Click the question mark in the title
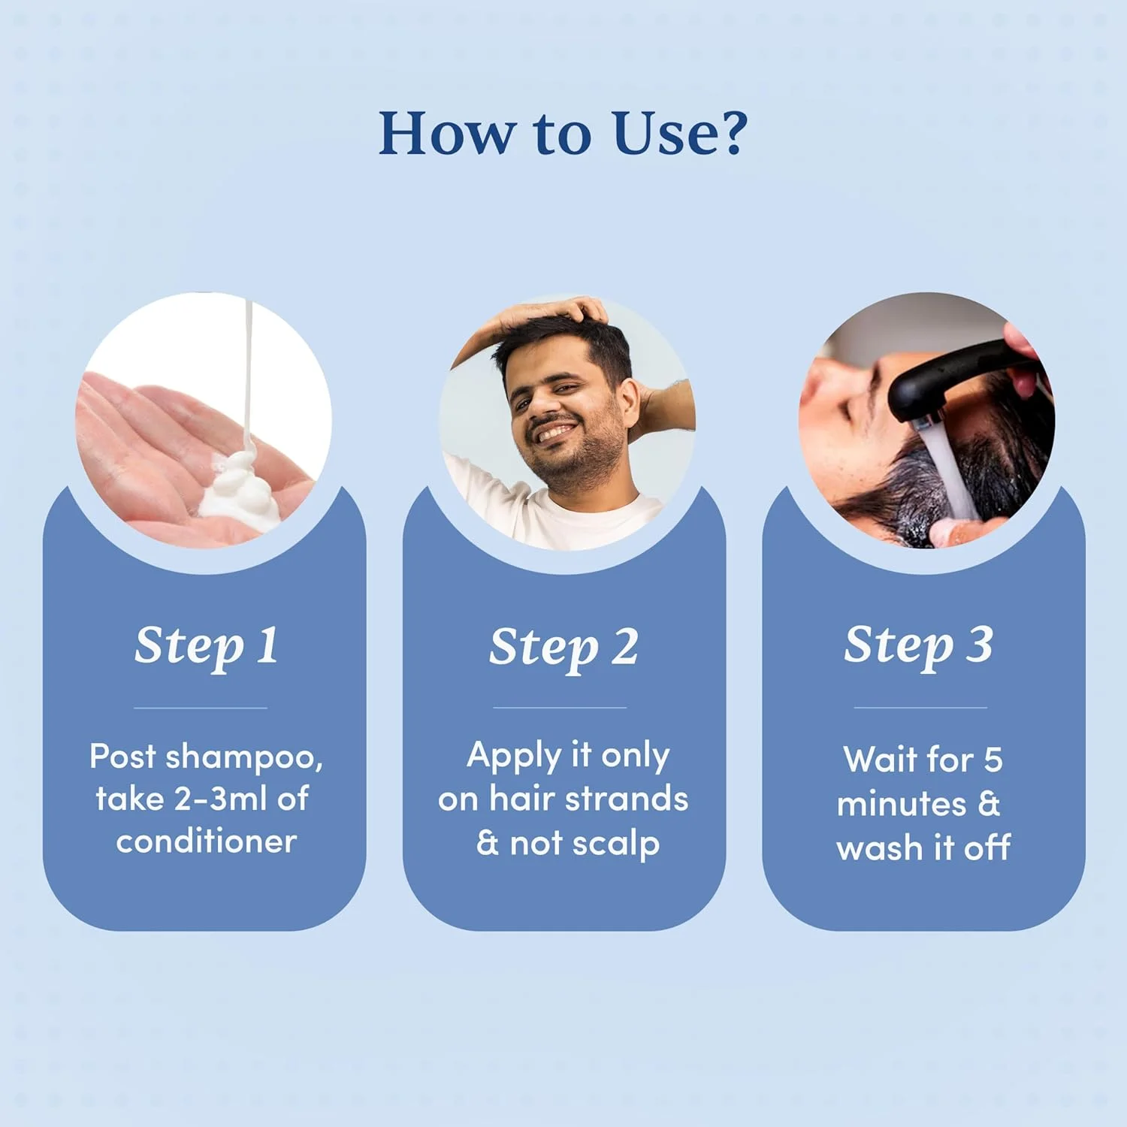(x=728, y=133)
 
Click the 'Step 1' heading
(x=207, y=646)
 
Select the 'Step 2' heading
(x=563, y=648)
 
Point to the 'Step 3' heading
(x=918, y=646)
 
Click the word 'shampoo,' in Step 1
(x=244, y=757)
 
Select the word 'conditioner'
(x=207, y=841)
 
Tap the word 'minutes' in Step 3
(x=902, y=805)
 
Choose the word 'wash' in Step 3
(x=879, y=848)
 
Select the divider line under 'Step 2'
(x=560, y=708)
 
